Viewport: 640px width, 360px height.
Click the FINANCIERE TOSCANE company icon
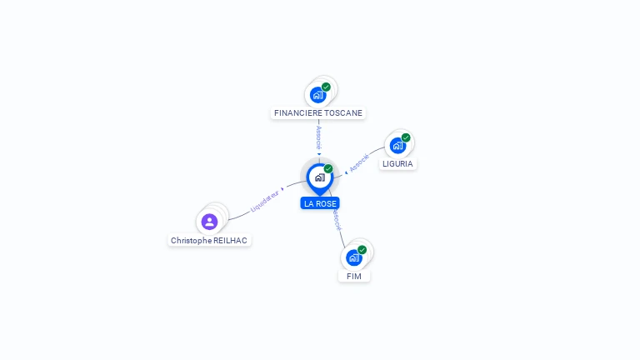[317, 96]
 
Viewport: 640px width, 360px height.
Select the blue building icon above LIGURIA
[397, 146]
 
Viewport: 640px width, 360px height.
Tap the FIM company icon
[354, 258]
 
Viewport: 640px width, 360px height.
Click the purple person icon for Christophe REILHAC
[209, 222]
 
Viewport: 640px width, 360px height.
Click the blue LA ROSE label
[320, 203]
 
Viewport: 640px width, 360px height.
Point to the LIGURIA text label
[397, 163]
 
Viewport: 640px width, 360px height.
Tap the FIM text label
[354, 277]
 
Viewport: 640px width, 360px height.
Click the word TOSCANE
[346, 113]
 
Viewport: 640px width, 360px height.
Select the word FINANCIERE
[300, 113]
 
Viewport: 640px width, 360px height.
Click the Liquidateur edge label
[264, 201]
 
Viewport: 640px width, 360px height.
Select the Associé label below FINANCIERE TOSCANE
[319, 137]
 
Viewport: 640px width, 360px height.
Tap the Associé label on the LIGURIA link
[359, 162]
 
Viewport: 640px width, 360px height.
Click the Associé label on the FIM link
[337, 220]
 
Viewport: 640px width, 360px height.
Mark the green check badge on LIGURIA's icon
[406, 137]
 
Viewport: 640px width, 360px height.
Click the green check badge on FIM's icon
[362, 250]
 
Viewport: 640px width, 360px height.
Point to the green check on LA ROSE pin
[328, 168]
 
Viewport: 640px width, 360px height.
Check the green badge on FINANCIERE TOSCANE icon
[326, 87]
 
